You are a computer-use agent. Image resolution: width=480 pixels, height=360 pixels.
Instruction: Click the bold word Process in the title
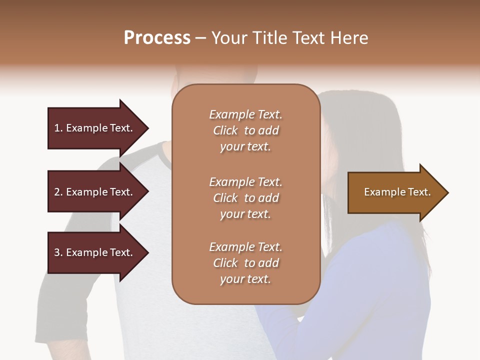[x=157, y=38]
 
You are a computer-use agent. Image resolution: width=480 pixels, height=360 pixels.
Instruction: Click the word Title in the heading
[x=270, y=38]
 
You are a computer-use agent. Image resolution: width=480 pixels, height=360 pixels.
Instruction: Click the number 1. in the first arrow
[x=58, y=128]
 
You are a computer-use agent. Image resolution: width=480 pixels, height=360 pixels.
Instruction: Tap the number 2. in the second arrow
[x=58, y=192]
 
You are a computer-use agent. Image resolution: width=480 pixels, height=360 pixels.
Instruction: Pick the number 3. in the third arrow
[x=58, y=252]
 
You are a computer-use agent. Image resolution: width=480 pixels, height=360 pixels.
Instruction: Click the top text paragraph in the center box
[x=245, y=130]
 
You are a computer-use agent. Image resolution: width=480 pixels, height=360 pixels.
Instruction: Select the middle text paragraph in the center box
[x=245, y=198]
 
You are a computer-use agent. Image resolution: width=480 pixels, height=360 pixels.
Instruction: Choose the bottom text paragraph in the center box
[x=245, y=263]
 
